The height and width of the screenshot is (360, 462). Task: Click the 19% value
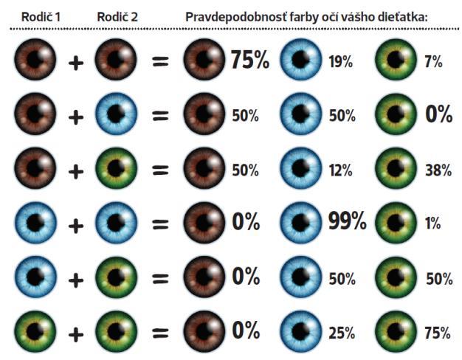pos(340,62)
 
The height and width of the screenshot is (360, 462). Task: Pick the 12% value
pos(340,170)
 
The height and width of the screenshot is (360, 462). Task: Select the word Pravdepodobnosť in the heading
pos(232,15)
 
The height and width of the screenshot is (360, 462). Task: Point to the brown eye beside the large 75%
pos(204,60)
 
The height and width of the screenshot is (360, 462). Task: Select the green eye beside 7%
pos(395,60)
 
